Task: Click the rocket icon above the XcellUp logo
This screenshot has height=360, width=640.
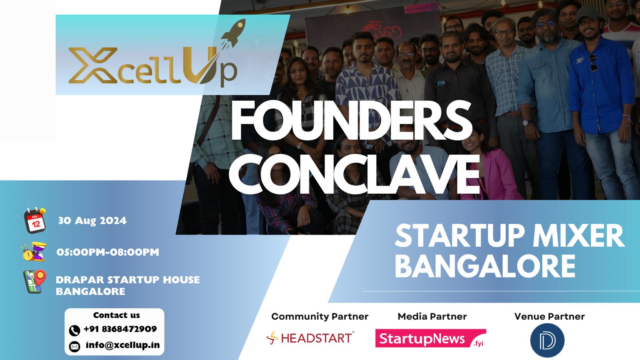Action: [x=233, y=34]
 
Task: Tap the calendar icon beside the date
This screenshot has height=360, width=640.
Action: [x=35, y=220]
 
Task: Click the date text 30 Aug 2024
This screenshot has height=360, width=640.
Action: [x=92, y=220]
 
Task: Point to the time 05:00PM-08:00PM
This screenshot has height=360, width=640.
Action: [x=108, y=252]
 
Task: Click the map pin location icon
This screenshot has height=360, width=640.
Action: [x=35, y=282]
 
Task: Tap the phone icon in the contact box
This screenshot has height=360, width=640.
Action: [x=74, y=330]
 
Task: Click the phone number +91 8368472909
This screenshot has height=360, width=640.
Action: [x=120, y=329]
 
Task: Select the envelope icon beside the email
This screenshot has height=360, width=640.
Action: [x=74, y=346]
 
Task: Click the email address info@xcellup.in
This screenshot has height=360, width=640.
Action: [x=122, y=345]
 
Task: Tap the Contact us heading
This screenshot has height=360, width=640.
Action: [x=116, y=315]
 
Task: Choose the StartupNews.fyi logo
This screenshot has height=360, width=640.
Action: [x=430, y=338]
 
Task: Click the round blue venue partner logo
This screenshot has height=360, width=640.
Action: [x=547, y=340]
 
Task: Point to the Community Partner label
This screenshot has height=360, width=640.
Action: [x=320, y=316]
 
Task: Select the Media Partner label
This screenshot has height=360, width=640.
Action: [x=432, y=316]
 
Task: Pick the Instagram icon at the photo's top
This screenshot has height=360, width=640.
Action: [x=434, y=6]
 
